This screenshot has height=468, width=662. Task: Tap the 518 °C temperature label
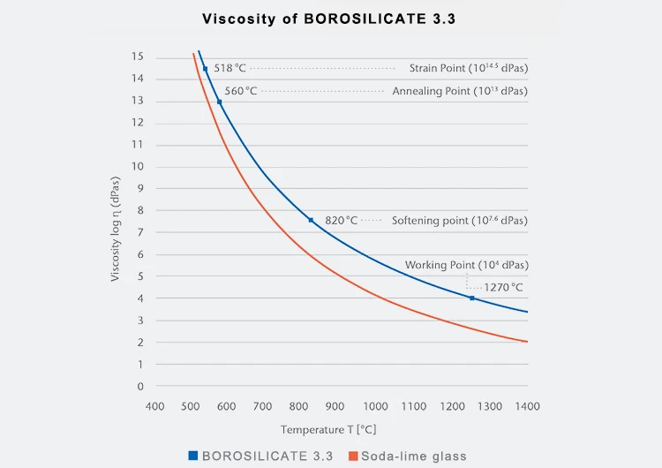click(x=229, y=68)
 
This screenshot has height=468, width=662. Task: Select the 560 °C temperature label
click(x=240, y=91)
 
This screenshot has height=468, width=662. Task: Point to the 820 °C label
click(x=341, y=220)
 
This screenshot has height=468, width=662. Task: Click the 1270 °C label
click(x=503, y=287)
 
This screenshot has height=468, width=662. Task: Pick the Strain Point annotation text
click(x=468, y=68)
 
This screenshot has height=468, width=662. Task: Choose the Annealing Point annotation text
click(x=459, y=91)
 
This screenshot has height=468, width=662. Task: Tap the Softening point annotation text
click(x=459, y=220)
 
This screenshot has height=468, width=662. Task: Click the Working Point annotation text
click(x=466, y=265)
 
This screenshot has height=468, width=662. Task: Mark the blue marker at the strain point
click(x=205, y=69)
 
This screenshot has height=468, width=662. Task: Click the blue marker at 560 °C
click(x=219, y=102)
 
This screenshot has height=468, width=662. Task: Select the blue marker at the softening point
click(x=311, y=220)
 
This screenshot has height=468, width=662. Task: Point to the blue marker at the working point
click(x=472, y=298)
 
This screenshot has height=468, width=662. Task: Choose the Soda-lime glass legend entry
click(x=412, y=456)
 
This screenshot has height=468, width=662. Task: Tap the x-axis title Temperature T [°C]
click(x=328, y=429)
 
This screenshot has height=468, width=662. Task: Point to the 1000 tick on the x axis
click(x=375, y=405)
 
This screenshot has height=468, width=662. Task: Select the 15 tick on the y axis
click(x=137, y=57)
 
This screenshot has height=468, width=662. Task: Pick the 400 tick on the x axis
click(x=154, y=405)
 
